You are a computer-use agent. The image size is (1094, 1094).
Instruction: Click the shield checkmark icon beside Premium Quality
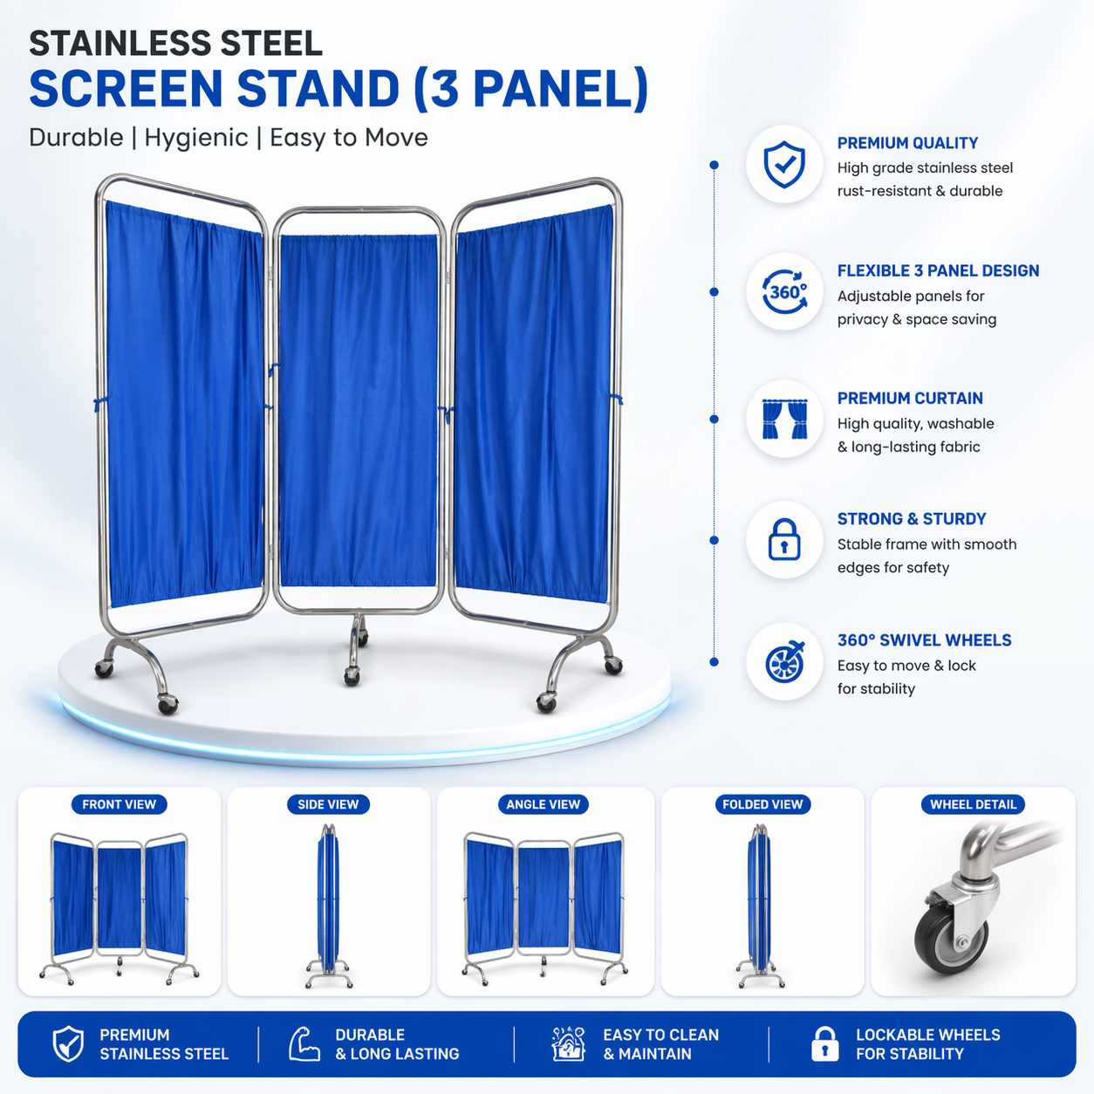point(784,164)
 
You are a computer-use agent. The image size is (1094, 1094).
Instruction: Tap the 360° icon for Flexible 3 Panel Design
point(784,291)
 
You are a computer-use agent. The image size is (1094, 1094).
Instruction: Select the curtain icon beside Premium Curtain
point(784,419)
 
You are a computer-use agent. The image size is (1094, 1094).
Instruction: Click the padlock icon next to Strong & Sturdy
point(784,540)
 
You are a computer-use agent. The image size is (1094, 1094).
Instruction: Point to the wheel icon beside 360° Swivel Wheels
point(784,662)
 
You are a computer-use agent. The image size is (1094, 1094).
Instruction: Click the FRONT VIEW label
point(119,804)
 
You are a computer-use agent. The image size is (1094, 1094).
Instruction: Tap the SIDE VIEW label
point(328,804)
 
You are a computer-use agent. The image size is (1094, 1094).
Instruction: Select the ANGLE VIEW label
point(543,804)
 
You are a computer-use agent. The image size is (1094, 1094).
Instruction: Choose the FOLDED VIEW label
point(762,804)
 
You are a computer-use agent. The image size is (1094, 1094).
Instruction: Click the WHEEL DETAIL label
point(973,804)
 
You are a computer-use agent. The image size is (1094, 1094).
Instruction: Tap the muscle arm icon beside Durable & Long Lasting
point(304,1044)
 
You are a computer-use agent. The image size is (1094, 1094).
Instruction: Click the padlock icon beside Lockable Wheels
point(824,1044)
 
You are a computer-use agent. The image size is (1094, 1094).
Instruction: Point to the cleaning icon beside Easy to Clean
point(568,1044)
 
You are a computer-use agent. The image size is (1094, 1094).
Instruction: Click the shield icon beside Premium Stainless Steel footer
point(68,1044)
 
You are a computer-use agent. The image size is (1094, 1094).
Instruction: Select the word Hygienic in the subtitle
point(196,138)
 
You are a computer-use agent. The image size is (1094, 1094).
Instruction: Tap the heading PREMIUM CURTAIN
point(910,399)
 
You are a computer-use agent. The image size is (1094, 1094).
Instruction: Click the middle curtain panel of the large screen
point(358,410)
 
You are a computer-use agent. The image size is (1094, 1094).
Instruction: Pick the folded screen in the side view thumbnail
point(327,903)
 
